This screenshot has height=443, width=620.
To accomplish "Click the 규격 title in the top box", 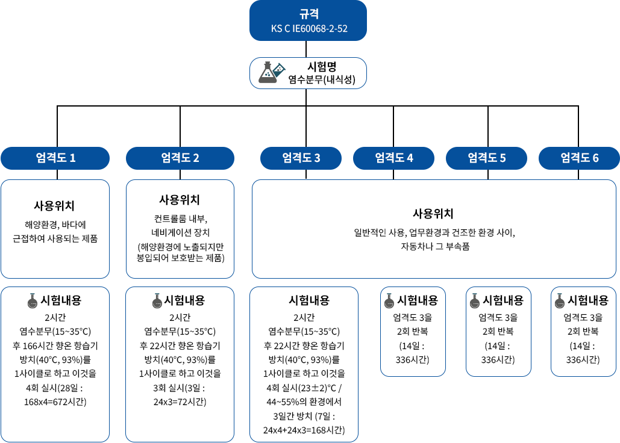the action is click(309, 14).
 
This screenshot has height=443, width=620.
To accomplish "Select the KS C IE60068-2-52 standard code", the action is click(309, 28).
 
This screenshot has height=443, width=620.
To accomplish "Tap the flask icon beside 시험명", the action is click(272, 73).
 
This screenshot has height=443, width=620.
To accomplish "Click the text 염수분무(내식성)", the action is click(322, 80).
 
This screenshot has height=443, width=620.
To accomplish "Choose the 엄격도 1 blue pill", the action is click(55, 158).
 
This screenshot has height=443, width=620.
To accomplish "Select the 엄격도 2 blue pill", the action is click(180, 158).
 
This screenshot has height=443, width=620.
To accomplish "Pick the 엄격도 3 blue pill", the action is click(301, 158).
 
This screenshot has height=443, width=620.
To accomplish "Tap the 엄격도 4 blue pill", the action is click(394, 158).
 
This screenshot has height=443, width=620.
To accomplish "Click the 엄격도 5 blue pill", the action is click(487, 158).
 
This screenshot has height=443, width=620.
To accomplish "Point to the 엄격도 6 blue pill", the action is click(579, 158).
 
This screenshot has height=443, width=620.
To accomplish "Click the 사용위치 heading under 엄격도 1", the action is click(54, 206).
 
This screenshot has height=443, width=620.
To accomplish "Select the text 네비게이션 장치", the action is click(180, 232).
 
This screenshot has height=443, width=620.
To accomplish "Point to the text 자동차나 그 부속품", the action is click(435, 247).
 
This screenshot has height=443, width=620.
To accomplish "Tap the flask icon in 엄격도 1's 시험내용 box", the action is click(33, 301).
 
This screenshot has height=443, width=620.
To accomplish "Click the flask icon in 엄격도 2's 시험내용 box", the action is click(157, 301).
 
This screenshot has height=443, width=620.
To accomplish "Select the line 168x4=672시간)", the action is click(55, 402).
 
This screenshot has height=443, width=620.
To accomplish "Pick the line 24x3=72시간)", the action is click(180, 402).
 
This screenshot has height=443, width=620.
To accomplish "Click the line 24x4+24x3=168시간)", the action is click(304, 430).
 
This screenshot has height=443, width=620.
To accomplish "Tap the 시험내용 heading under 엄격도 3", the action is click(309, 300).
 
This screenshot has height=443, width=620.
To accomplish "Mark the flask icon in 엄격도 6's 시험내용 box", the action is click(560, 301).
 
